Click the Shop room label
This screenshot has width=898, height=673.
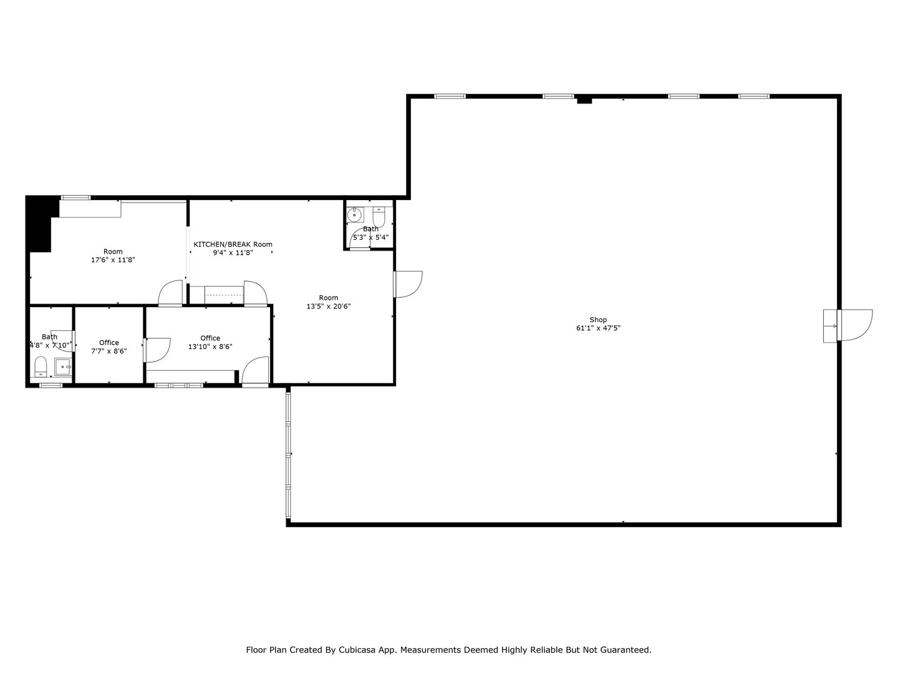pyautogui.click(x=598, y=320)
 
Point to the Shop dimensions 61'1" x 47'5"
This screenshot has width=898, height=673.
pyautogui.click(x=598, y=328)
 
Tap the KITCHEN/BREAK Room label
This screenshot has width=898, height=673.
pyautogui.click(x=233, y=244)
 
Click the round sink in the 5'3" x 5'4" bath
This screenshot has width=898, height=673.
pyautogui.click(x=355, y=215)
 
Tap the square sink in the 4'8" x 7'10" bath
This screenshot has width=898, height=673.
pyautogui.click(x=63, y=367)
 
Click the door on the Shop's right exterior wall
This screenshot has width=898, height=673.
pyautogui.click(x=855, y=325)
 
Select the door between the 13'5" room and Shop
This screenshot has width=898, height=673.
pyautogui.click(x=408, y=284)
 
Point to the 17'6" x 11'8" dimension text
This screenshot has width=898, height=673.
pyautogui.click(x=113, y=260)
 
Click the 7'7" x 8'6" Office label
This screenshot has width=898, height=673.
pyautogui.click(x=109, y=343)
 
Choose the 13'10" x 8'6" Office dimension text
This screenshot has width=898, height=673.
pyautogui.click(x=210, y=347)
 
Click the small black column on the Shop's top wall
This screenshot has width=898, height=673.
pyautogui.click(x=584, y=100)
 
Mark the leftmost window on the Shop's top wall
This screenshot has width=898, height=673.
pyautogui.click(x=450, y=96)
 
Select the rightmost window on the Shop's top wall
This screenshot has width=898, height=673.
pyautogui.click(x=753, y=96)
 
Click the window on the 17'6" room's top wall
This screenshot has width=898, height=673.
pyautogui.click(x=75, y=198)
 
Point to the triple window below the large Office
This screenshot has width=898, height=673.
pyautogui.click(x=179, y=385)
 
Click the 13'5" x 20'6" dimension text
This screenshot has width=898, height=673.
pyautogui.click(x=329, y=306)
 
